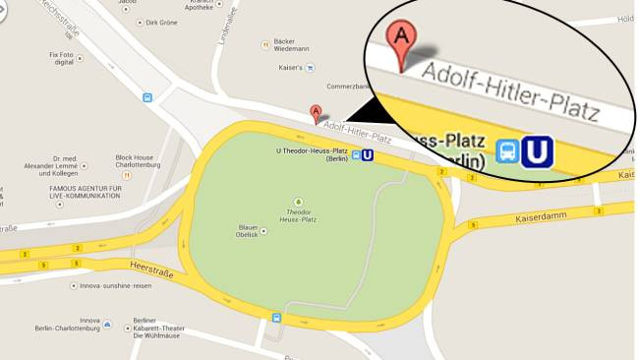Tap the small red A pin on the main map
pyautogui.click(x=315, y=112)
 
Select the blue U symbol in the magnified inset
pyautogui.click(x=538, y=150)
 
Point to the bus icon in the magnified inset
pyautogui.click(x=507, y=150)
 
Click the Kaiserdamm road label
pyautogui.click(x=537, y=217)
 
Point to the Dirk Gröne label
pyautogui.click(x=159, y=22)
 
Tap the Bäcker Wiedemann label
pyautogui.click(x=291, y=44)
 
